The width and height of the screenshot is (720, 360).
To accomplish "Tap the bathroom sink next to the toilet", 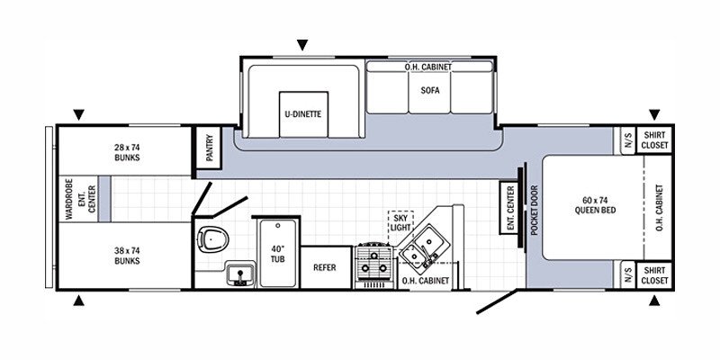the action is (x=239, y=274).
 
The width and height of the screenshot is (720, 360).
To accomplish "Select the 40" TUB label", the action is (x=278, y=254).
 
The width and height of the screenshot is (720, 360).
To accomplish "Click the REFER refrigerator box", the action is (x=325, y=267).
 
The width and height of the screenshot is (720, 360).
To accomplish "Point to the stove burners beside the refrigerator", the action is (x=373, y=262).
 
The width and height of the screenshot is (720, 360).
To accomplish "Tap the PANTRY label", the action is (x=210, y=147).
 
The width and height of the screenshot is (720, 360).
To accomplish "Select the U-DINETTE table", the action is (x=303, y=114).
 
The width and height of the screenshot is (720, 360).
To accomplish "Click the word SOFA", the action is (x=430, y=91).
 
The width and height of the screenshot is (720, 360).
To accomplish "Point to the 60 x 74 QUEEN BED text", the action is (x=595, y=205).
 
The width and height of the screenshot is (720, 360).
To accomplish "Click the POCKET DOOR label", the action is (x=534, y=211).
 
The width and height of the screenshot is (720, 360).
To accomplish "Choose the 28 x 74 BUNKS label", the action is (x=127, y=152).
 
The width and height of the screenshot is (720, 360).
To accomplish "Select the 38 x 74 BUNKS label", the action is (x=127, y=256).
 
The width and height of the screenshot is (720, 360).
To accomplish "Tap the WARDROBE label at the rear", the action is (x=69, y=199).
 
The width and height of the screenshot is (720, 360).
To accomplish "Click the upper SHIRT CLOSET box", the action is (x=654, y=139).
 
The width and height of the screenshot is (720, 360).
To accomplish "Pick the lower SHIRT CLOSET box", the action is (x=654, y=275).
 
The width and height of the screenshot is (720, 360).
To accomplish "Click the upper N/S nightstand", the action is (x=628, y=140).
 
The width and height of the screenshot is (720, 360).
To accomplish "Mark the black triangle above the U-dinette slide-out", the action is (x=301, y=45).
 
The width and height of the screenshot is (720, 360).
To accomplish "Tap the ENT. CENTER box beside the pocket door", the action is (x=510, y=207).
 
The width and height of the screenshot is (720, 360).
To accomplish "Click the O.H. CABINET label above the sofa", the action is (x=428, y=67).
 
